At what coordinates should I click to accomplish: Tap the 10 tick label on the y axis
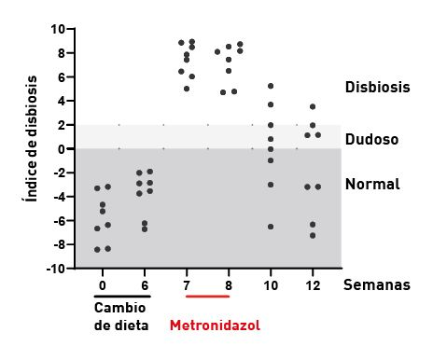click(x=57, y=29)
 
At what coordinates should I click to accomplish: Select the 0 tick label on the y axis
click(x=61, y=149)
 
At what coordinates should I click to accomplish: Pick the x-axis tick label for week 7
click(x=187, y=284)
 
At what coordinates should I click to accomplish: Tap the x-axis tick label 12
click(x=314, y=284)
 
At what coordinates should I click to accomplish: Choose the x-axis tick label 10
click(x=271, y=284)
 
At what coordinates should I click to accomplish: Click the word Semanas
click(x=377, y=284)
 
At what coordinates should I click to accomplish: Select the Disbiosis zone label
click(x=378, y=87)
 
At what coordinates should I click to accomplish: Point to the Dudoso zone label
click(x=371, y=140)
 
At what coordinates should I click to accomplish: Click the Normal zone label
click(x=372, y=184)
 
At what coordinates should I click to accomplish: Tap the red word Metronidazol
click(x=215, y=325)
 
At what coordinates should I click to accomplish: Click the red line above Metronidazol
click(x=207, y=296)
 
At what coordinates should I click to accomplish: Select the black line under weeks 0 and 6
click(x=122, y=296)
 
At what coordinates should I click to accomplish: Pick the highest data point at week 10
click(x=271, y=86)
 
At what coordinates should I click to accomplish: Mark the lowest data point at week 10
click(x=271, y=227)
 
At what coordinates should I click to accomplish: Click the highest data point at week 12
click(x=313, y=106)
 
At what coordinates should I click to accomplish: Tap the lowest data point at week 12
click(x=313, y=235)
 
